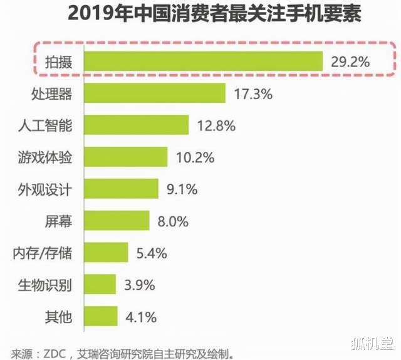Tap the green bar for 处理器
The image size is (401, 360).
(154, 93)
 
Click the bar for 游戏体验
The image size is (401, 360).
(125, 157)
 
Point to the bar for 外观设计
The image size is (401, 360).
(121, 188)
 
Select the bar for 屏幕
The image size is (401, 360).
(117, 220)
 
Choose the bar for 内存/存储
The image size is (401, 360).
(106, 253)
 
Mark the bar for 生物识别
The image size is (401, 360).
(100, 284)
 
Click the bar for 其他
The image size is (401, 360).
(100, 316)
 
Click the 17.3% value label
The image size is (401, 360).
(253, 94)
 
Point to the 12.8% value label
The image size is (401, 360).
(216, 125)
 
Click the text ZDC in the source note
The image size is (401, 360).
(48, 351)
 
